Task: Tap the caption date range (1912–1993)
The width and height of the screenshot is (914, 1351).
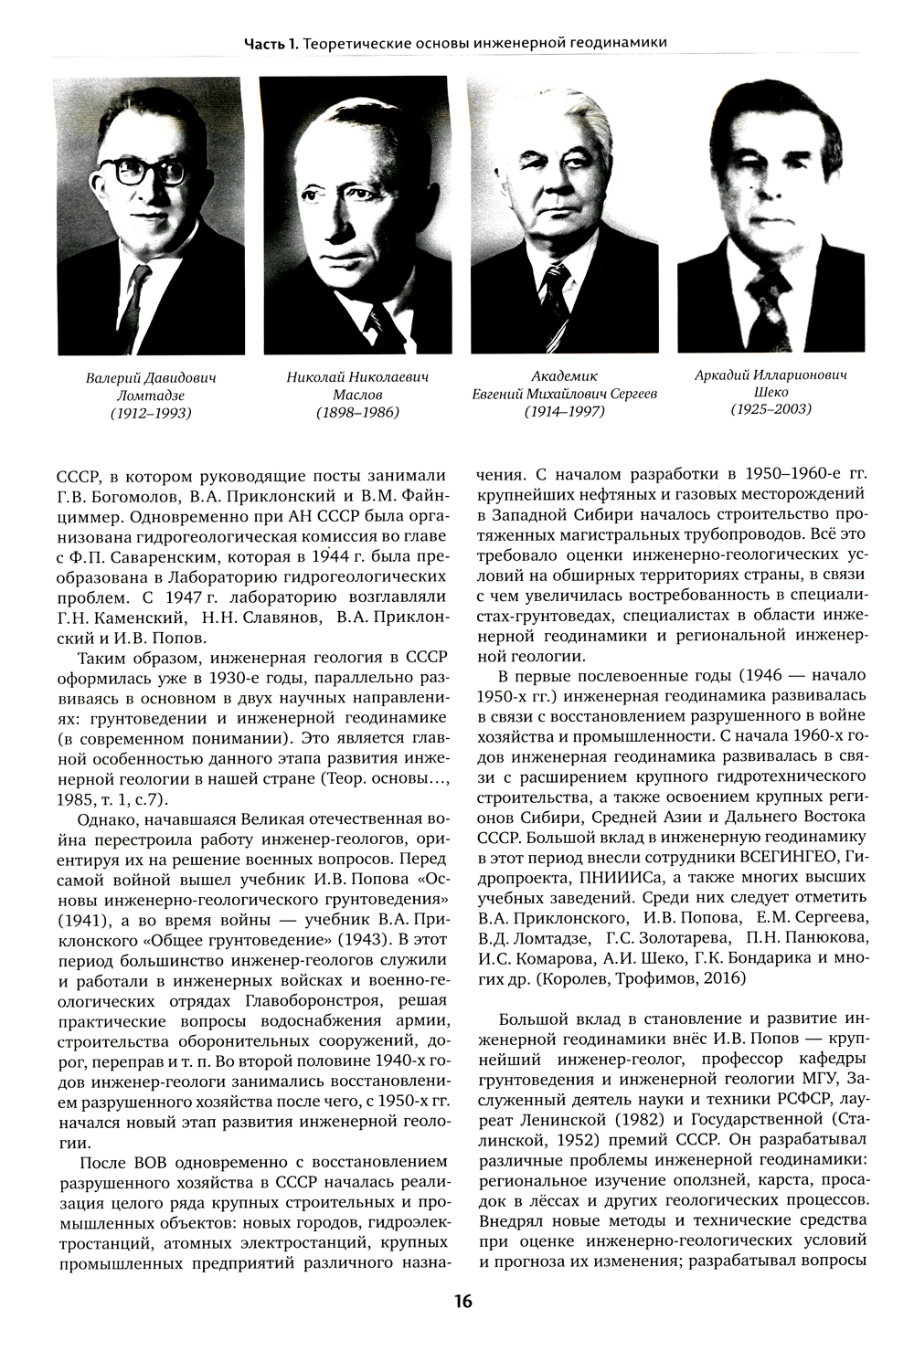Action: click(x=151, y=413)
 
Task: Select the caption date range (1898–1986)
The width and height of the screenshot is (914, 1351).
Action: click(x=357, y=413)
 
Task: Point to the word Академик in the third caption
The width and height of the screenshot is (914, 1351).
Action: click(x=564, y=376)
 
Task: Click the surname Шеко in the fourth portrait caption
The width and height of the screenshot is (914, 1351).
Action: click(x=771, y=392)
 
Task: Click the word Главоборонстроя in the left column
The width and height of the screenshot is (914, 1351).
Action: click(x=305, y=1000)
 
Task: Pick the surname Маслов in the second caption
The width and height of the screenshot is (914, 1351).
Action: click(x=357, y=395)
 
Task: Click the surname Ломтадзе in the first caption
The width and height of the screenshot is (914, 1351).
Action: click(x=151, y=396)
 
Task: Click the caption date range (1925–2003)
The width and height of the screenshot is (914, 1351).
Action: click(x=771, y=408)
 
